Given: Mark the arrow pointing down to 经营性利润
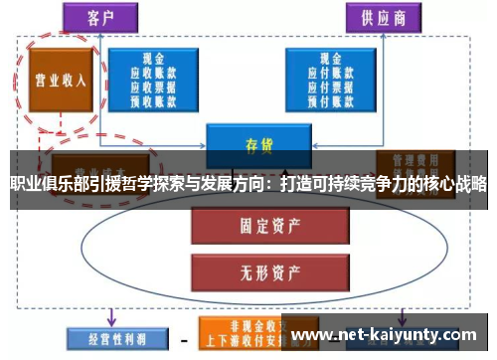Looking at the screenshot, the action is (111, 312).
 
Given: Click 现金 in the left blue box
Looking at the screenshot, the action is (153, 59).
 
